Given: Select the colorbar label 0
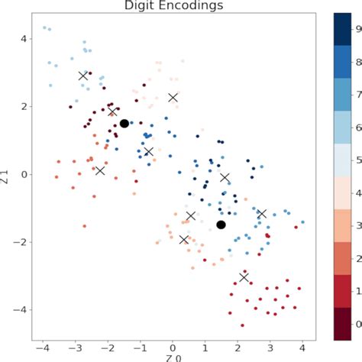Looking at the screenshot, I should (357, 325).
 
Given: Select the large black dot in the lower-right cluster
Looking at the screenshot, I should (221, 225).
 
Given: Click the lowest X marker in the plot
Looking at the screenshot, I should (244, 277).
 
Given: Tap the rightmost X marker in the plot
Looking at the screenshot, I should (261, 214).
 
